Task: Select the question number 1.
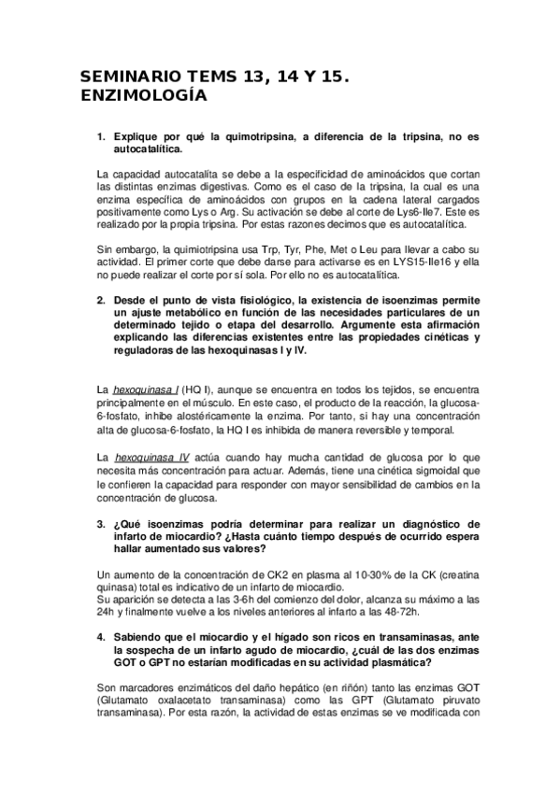(100, 136)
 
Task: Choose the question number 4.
(100, 636)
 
